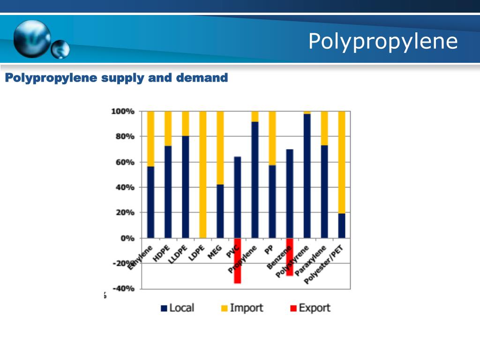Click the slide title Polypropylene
click(382, 41)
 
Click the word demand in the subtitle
click(202, 77)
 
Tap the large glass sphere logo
click(32, 38)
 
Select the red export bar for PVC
click(238, 261)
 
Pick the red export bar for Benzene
click(290, 257)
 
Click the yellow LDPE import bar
click(202, 174)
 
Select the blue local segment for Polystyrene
click(307, 176)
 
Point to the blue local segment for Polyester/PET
click(342, 225)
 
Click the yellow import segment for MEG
click(220, 148)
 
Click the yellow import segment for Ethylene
click(150, 139)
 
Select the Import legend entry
click(242, 308)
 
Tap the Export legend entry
click(310, 308)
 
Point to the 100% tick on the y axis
click(123, 112)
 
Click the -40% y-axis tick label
click(123, 288)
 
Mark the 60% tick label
click(124, 162)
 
